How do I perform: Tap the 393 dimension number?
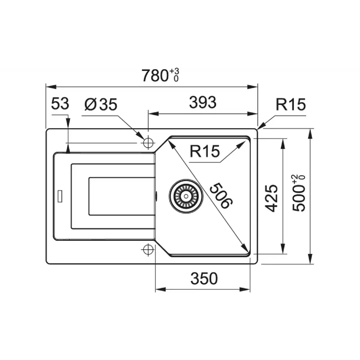(x=203, y=103)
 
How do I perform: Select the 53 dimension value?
(x=60, y=103)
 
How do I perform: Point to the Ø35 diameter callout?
(x=101, y=104)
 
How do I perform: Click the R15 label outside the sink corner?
(x=291, y=104)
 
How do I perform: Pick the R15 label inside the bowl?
(x=205, y=151)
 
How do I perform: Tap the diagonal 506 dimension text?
(x=221, y=196)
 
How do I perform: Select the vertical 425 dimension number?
(x=272, y=198)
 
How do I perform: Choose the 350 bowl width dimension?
(x=204, y=279)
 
